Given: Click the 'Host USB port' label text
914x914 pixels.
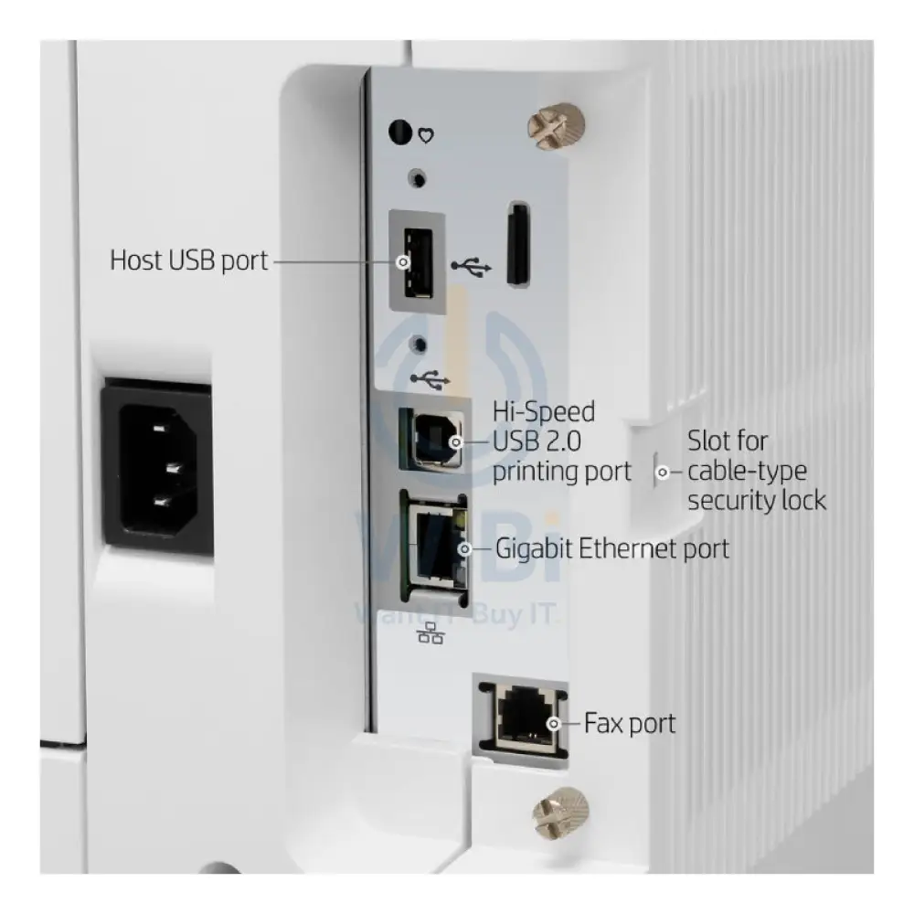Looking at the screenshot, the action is tap(189, 260).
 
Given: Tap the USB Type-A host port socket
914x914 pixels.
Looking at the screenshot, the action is tap(418, 261).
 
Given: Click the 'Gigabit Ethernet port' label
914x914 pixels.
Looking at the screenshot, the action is tap(612, 548).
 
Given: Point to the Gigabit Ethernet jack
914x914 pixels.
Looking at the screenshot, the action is tap(434, 547).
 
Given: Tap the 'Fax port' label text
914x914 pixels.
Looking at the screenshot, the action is tap(630, 723).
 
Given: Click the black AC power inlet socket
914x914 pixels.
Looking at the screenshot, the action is tap(157, 466).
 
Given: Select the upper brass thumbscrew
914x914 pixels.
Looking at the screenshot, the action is tap(556, 129).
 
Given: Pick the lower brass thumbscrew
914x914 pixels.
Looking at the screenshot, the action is tap(561, 812).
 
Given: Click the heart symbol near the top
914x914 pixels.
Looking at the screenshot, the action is tap(426, 136).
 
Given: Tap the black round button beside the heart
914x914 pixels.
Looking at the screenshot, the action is tap(400, 132).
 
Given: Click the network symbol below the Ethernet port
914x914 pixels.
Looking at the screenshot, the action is tap(430, 632).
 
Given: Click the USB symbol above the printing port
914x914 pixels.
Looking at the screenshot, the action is tap(430, 379).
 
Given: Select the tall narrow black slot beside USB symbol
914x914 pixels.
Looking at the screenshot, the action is tap(517, 244).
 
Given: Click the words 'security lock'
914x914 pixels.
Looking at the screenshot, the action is tap(757, 501).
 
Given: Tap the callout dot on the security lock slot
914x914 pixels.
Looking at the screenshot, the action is tap(662, 473).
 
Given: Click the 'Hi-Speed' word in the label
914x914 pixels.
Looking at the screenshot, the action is tap(544, 412).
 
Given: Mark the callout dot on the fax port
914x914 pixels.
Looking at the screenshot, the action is tap(553, 723).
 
